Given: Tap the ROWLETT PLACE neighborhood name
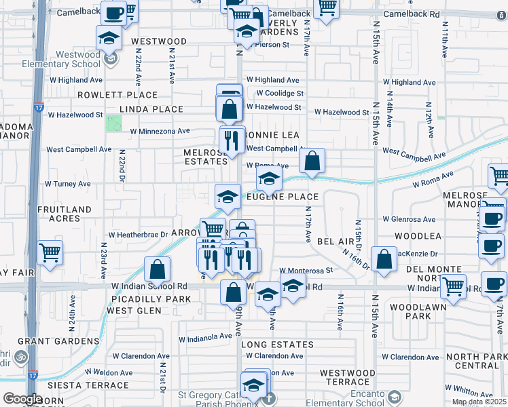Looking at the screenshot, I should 117,95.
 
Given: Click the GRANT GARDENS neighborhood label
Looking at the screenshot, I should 58,341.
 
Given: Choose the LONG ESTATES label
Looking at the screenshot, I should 278,345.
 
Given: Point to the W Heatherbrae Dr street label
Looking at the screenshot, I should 139,235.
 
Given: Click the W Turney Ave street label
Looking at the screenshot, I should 67,184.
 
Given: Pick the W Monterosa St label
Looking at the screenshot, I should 305,270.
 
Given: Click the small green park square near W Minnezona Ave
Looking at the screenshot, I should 113,123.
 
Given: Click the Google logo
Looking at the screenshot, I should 22,399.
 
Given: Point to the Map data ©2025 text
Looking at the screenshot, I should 479,402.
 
